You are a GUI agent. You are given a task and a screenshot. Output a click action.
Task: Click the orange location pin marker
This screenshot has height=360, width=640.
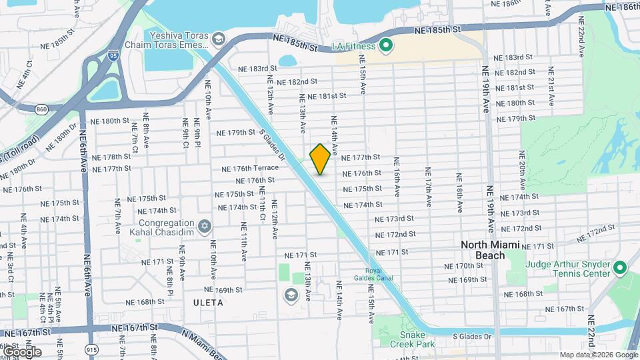pyautogui.click(x=320, y=158)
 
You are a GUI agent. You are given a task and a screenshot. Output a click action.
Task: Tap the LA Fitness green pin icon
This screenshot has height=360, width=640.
pyautogui.click(x=385, y=46)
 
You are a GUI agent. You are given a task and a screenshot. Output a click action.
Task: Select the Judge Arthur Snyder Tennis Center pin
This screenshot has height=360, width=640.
pyautogui.click(x=620, y=268)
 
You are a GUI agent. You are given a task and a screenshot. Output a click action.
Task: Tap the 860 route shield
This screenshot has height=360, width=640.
pyautogui.click(x=42, y=108)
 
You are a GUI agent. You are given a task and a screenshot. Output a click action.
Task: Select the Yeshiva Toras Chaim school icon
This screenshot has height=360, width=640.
pyautogui.click(x=218, y=40)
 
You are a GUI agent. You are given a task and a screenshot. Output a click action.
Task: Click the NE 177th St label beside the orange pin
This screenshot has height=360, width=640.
pyautogui.click(x=360, y=158)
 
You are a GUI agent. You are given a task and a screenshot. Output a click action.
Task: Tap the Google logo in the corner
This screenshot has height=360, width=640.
pyautogui.click(x=22, y=351)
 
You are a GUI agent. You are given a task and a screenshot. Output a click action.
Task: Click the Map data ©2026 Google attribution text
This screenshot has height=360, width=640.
pyautogui.click(x=597, y=355)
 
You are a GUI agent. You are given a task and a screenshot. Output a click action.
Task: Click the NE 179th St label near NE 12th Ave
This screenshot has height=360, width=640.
pyautogui.click(x=236, y=133)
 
